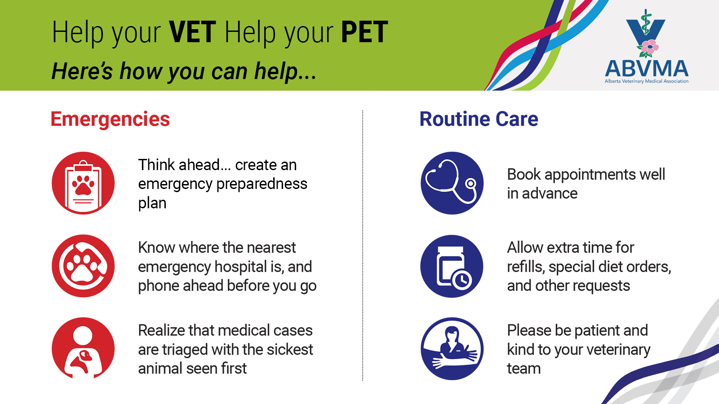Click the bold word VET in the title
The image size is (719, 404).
193,32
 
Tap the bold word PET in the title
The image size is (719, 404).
364,32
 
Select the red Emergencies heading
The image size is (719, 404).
110,119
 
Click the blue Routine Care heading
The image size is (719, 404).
479,119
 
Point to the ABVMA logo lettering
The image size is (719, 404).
647,68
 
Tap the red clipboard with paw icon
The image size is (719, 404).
83,183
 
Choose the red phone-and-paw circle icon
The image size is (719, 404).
83,266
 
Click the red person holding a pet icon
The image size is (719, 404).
83,348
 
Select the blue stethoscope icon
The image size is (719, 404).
452,183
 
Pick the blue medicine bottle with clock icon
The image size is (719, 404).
452,266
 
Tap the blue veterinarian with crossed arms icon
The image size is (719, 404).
452,349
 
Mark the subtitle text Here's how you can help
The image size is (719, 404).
184,71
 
